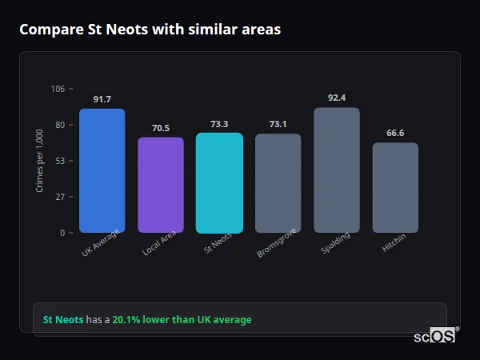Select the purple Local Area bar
tap(161, 185)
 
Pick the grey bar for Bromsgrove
tap(278, 183)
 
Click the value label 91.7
tap(102, 99)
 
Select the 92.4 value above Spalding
tap(337, 98)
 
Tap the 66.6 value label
tap(395, 133)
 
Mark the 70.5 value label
tap(161, 128)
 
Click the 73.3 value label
tap(219, 124)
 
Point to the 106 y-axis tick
tap(58, 89)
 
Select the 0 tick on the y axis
tap(62, 233)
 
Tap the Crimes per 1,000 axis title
tap(39, 161)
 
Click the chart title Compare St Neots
tap(150, 30)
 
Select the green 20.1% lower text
tap(182, 320)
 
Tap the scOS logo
tap(434, 336)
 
